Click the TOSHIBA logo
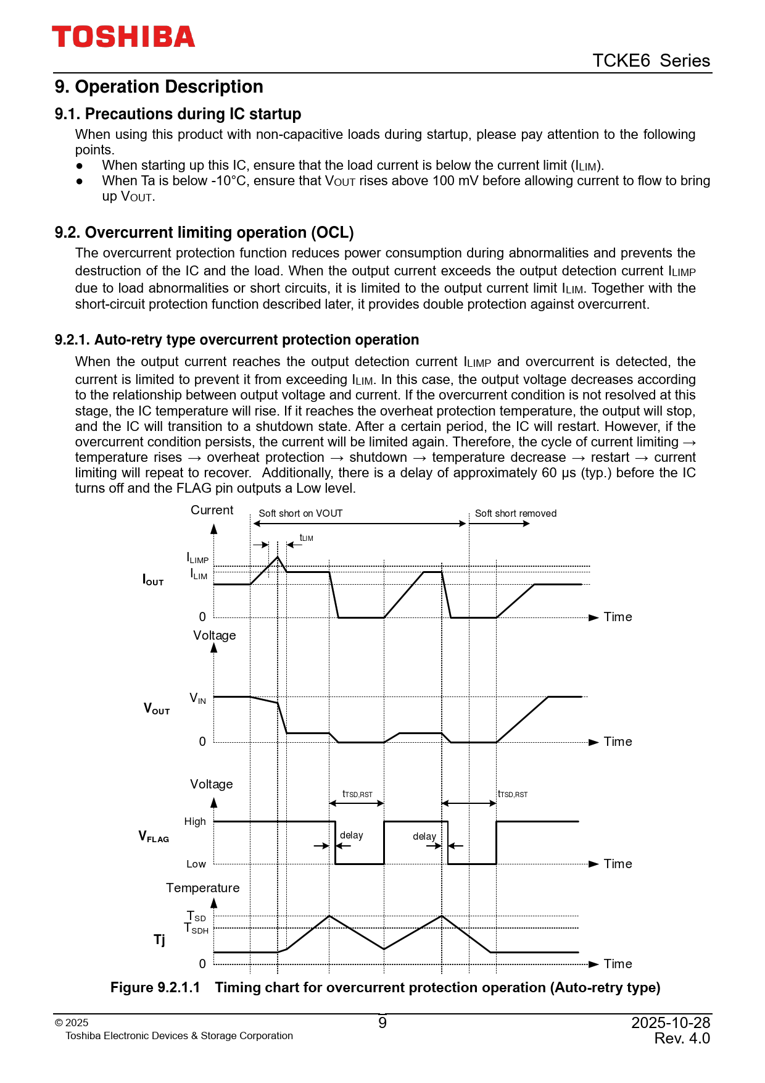123,37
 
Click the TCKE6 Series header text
651,61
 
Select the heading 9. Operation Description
159,86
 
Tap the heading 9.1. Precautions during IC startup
178,114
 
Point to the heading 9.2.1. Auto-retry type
236,340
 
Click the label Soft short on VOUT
300,514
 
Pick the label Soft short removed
515,514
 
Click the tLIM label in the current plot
306,538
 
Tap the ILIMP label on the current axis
197,558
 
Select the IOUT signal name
153,580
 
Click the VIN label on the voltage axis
197,698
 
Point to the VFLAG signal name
154,837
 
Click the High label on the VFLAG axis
195,822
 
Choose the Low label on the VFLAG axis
196,864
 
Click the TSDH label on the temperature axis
197,929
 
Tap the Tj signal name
159,940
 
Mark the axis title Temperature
202,888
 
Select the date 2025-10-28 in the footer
671,1023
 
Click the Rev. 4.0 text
682,1039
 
